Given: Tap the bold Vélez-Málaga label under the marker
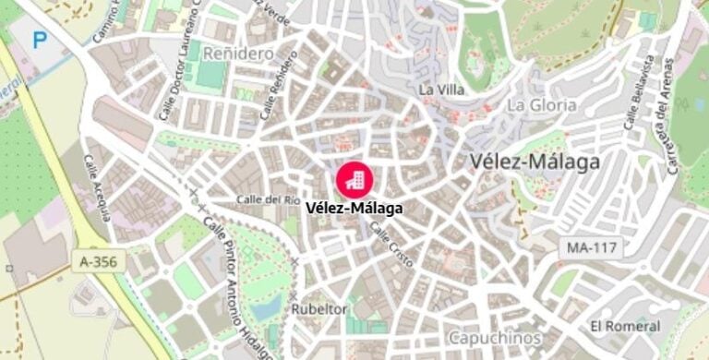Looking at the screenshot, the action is pyautogui.click(x=354, y=209).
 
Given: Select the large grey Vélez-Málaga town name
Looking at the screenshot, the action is pyautogui.click(x=535, y=162).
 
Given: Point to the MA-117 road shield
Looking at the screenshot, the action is pyautogui.click(x=591, y=247).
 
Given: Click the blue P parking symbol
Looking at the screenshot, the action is pyautogui.click(x=40, y=40).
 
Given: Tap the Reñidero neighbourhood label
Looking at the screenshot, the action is pyautogui.click(x=238, y=54).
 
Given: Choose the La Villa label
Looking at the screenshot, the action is pyautogui.click(x=440, y=90).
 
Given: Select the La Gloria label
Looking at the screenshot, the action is pyautogui.click(x=542, y=104).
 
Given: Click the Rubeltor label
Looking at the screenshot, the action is pyautogui.click(x=319, y=309).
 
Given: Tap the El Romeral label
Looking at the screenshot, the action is pyautogui.click(x=625, y=326).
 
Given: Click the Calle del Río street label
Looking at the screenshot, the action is pyautogui.click(x=268, y=198).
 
